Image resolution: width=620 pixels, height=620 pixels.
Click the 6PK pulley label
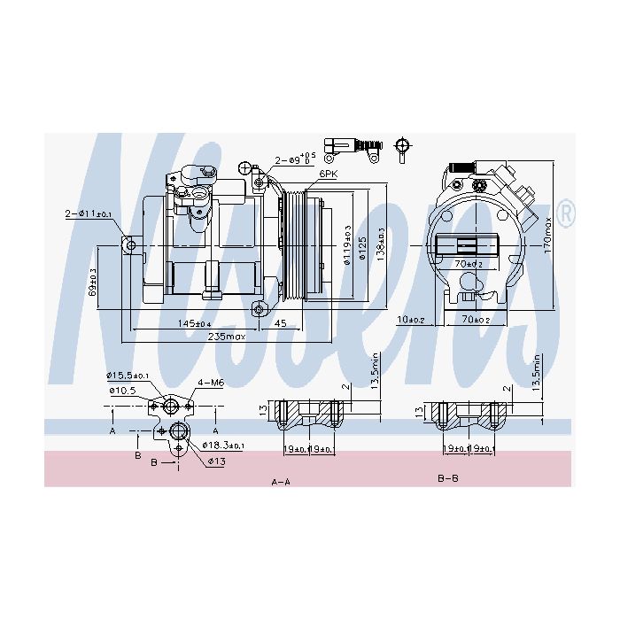tap(329, 174)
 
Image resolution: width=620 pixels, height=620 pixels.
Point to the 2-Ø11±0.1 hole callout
tap(88, 213)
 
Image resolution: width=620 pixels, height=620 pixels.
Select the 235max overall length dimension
tap(226, 337)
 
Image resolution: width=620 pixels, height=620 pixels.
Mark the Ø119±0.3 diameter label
tap(347, 241)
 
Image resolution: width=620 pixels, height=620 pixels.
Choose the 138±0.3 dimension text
tap(381, 244)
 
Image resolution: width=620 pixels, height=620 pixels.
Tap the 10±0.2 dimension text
tap(411, 320)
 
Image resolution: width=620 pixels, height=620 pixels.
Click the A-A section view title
tap(282, 481)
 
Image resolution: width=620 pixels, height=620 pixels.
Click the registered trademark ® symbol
tap(568, 213)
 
